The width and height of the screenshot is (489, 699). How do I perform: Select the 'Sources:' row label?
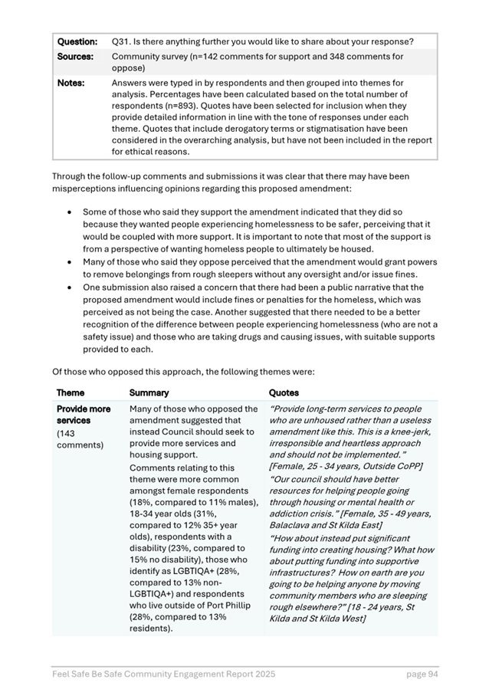(75, 57)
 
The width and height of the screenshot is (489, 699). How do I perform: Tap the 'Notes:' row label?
(70, 82)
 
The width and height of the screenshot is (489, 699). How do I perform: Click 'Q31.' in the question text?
(122, 41)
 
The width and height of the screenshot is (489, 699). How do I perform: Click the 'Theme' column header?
(71, 392)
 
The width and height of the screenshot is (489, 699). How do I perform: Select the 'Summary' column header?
(148, 392)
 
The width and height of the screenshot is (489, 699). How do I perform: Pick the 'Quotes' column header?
(284, 392)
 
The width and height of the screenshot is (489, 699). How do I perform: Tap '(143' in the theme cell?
(68, 433)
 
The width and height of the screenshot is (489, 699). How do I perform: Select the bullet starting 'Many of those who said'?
(71, 262)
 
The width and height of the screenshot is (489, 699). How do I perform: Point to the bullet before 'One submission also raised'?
(71, 287)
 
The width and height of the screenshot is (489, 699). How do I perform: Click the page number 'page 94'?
(422, 674)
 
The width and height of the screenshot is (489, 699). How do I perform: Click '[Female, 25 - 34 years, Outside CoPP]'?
(345, 466)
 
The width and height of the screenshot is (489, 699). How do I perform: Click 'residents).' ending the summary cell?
(151, 628)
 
